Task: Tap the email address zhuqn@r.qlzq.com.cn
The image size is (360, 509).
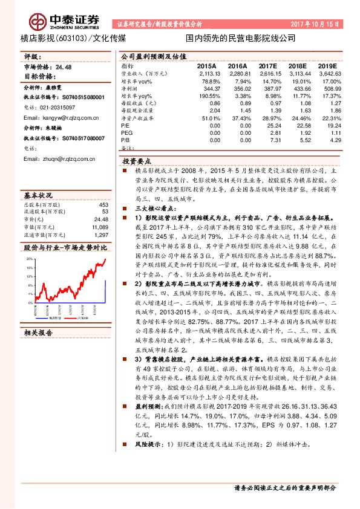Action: [59, 159]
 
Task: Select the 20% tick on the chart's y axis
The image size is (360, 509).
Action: [29, 259]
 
